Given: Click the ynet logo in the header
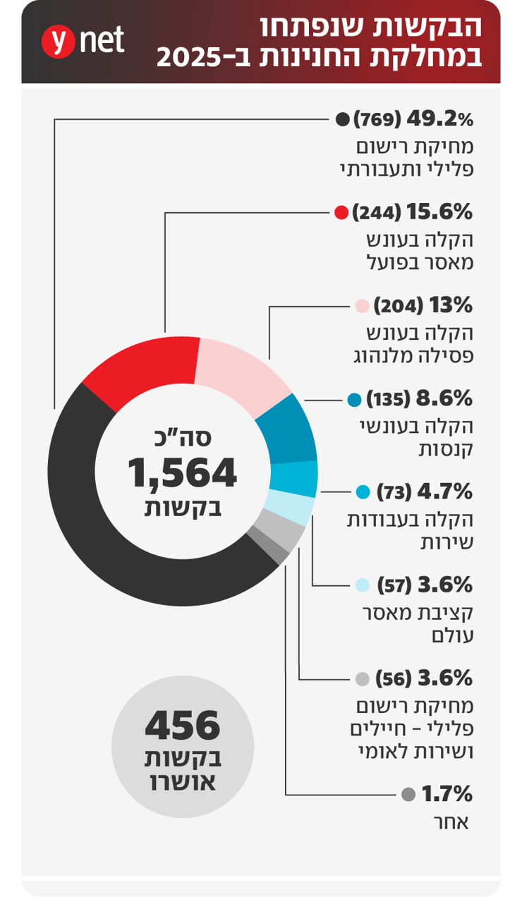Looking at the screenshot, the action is pos(83,41).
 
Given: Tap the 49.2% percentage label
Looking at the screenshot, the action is pos(440,119).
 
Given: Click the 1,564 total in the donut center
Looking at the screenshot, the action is pos(183,472).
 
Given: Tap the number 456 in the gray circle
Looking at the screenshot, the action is pos(183,725).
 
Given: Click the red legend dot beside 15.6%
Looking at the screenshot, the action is pos(341,212).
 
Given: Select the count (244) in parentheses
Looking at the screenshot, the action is pos(377,212).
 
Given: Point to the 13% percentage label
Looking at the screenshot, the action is pos(451,305).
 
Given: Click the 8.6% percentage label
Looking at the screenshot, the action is pos(444,399).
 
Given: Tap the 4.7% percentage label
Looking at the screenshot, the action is pos(445,492).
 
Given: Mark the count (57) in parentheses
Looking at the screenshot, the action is pos(394,585).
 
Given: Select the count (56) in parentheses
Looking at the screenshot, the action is pos(394,678).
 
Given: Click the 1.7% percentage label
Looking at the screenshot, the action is pos(447,794).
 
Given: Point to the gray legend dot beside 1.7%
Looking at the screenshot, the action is pos(408,794).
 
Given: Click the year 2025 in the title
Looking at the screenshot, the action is pos(188,58).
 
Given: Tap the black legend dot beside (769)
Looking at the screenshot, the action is pos(343,119).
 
